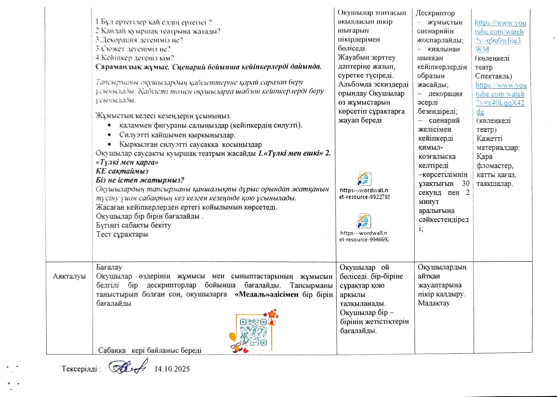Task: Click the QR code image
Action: coord(253,332)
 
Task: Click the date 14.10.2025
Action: coord(172,369)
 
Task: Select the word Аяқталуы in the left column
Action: coord(69,276)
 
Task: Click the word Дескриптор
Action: coord(435,13)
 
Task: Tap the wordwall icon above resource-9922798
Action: coord(364,178)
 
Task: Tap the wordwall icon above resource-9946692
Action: coord(364,221)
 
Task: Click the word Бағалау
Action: coord(109,267)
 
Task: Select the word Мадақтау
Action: coord(434,303)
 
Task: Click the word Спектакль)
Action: coord(493,76)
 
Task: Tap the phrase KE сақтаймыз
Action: coord(122,171)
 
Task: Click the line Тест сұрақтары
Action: coord(122,234)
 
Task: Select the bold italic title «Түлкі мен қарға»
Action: coord(127,162)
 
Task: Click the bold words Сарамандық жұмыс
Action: coord(133,67)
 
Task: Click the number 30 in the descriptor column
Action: coord(465,184)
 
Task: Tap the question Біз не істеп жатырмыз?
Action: coord(140,180)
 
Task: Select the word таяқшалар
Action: coord(494,184)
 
